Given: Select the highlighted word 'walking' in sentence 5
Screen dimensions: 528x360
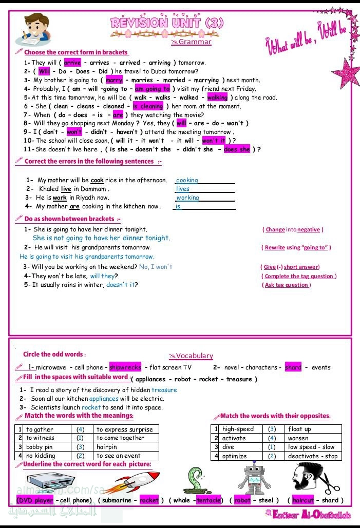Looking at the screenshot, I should tap(218, 97).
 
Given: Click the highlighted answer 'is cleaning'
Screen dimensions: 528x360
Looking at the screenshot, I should tap(148, 106).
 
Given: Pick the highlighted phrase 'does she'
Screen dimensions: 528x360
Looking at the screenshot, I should tap(237, 149).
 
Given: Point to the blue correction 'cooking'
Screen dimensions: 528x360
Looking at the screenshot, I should tap(187, 180).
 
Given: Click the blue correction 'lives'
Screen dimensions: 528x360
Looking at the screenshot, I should tap(183, 189).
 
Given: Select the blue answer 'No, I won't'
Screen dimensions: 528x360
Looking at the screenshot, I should tap(156, 267).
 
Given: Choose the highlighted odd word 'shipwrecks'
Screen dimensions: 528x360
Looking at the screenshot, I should tap(125, 367).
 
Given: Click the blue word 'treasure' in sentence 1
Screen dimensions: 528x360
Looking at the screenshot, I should tap(164, 390).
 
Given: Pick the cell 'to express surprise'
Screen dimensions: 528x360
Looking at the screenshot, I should tap(124, 429).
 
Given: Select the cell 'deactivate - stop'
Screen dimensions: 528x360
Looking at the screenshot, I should tap(313, 456).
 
